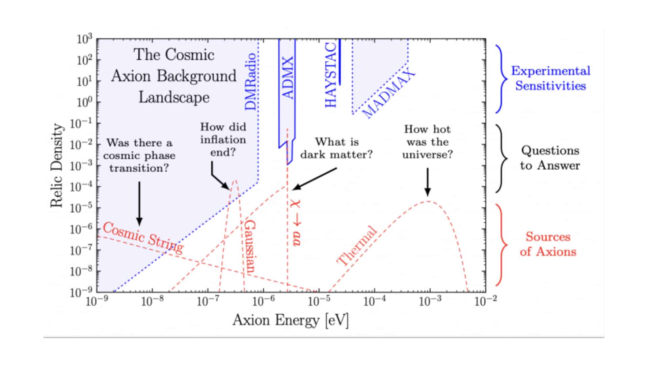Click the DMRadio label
pos(250,82)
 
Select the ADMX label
pos(288,77)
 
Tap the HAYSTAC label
pos(331,75)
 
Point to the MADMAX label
pos(388,93)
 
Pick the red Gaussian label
pos(250,247)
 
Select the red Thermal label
pos(357,246)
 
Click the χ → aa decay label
pos(296,223)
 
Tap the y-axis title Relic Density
pos(57,166)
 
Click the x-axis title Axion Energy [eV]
pos(291,320)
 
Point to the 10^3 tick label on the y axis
pos(84,40)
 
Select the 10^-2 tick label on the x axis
pos(485,301)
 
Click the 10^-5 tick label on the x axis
pos(319,301)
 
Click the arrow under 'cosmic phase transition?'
pos(139,203)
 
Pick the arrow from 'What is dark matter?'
pos(314,178)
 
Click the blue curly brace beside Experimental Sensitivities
pos(501,79)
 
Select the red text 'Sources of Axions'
pos(548,244)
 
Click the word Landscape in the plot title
pos(174,97)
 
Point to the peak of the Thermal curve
pos(428,201)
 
